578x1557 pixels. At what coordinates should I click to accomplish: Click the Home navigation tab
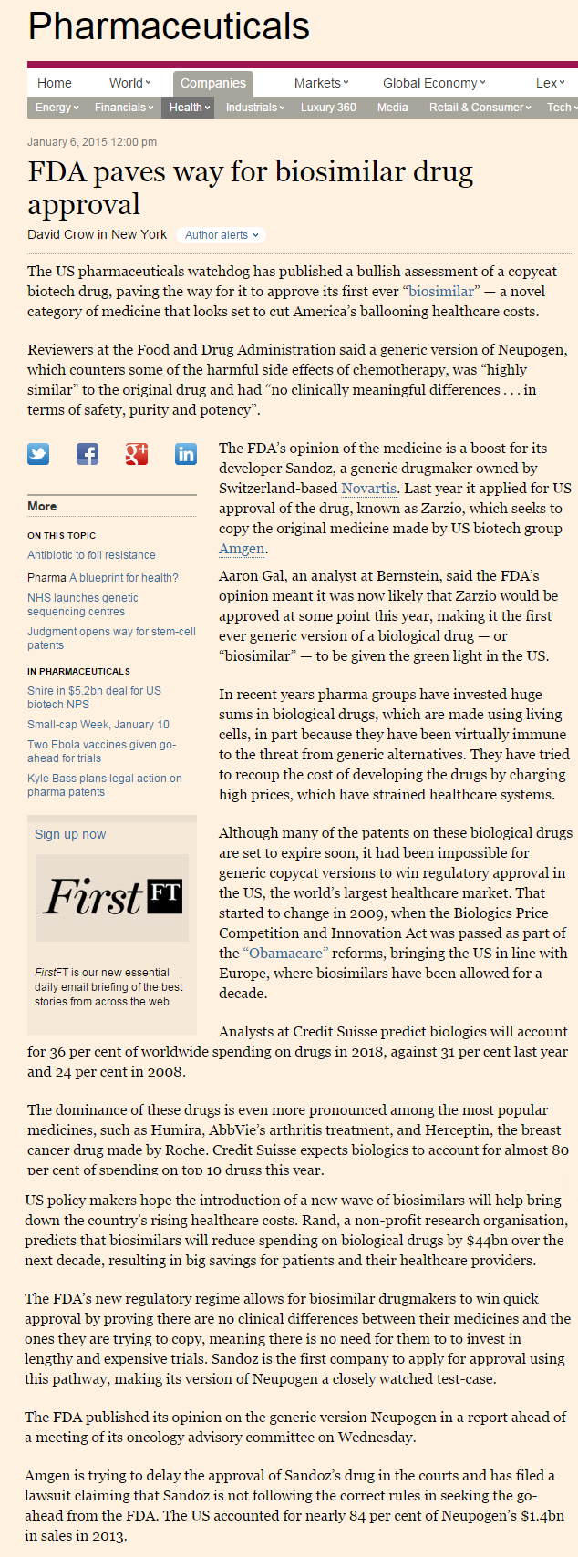[54, 83]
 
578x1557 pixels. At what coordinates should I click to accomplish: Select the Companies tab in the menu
[212, 83]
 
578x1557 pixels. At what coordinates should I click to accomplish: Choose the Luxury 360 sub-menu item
[328, 108]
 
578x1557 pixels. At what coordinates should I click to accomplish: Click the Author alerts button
[222, 235]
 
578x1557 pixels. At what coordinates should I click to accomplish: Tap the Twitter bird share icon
[38, 454]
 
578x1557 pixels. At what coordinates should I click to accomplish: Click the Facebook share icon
[88, 454]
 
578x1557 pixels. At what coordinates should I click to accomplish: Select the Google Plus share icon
[137, 454]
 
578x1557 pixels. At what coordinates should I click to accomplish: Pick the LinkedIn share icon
[186, 454]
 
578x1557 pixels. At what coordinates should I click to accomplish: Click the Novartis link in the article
[368, 489]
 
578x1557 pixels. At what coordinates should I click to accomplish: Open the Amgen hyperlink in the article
[242, 549]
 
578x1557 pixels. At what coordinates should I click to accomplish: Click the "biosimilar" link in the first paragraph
[441, 292]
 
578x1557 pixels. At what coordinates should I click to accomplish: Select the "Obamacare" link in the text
[284, 954]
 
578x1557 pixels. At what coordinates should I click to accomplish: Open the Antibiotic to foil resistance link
[91, 555]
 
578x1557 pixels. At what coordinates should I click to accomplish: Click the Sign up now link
[70, 834]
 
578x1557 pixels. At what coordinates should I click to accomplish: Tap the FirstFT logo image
[112, 897]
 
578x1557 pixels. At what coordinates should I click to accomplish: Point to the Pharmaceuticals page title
[169, 26]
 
